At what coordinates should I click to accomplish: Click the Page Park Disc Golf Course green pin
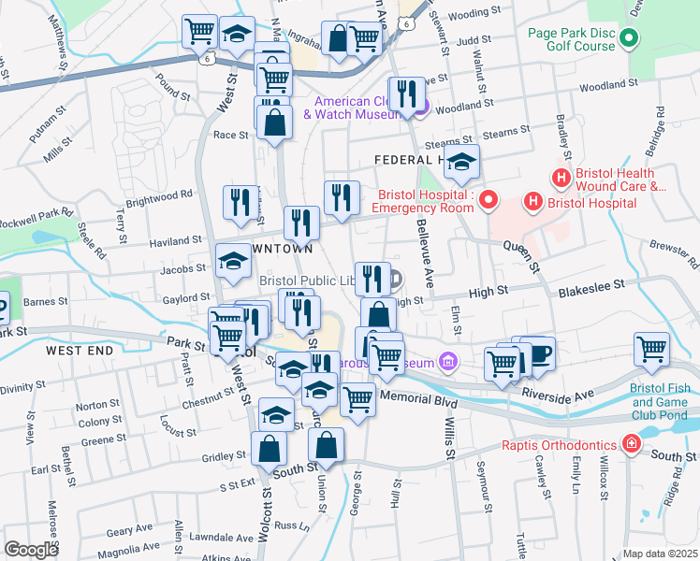point(629,39)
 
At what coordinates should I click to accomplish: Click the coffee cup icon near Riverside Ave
point(540,353)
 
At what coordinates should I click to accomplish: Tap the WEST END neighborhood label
point(80,350)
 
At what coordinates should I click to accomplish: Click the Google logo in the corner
point(31,550)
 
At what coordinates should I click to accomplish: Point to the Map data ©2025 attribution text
point(660,554)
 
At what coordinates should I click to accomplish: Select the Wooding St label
point(469,14)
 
